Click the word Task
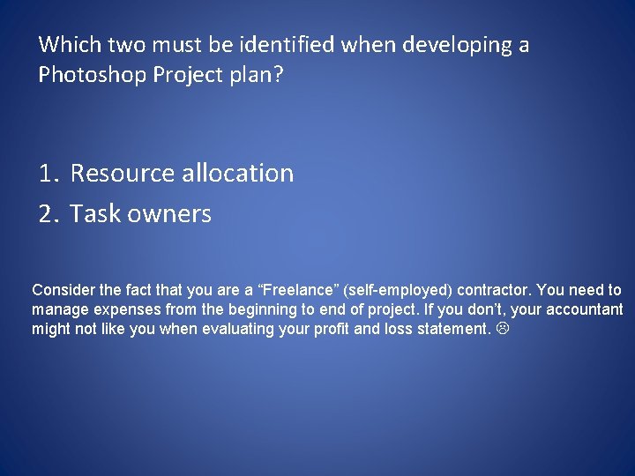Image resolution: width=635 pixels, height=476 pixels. (x=97, y=213)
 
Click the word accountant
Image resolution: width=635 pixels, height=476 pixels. (x=584, y=309)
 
